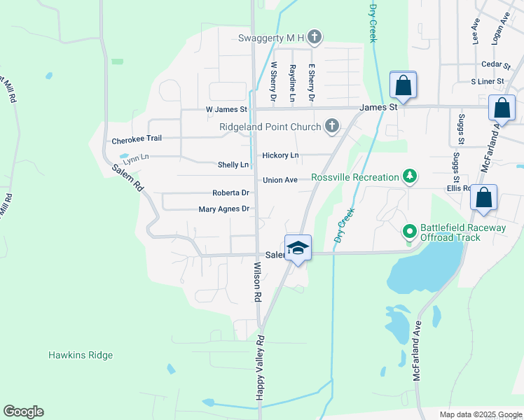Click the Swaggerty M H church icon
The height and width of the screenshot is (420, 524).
pyautogui.click(x=315, y=38)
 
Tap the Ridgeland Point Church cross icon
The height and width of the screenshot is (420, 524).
pyautogui.click(x=332, y=127)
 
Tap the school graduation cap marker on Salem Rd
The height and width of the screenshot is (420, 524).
pyautogui.click(x=298, y=248)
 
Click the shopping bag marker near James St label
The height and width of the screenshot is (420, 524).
pyautogui.click(x=403, y=86)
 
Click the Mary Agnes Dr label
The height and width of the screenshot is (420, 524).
pyautogui.click(x=224, y=209)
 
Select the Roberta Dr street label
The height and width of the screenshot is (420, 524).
pyautogui.click(x=231, y=192)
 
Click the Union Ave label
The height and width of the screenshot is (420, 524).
pyautogui.click(x=280, y=180)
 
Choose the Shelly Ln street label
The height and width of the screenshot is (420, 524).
pyautogui.click(x=233, y=164)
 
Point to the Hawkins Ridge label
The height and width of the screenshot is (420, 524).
pyautogui.click(x=81, y=355)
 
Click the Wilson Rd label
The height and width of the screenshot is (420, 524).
pyautogui.click(x=257, y=282)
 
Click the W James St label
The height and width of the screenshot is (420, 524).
pyautogui.click(x=226, y=109)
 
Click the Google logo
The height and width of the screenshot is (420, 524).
pyautogui.click(x=23, y=412)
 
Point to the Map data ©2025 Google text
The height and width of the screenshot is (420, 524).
pyautogui.click(x=480, y=414)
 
